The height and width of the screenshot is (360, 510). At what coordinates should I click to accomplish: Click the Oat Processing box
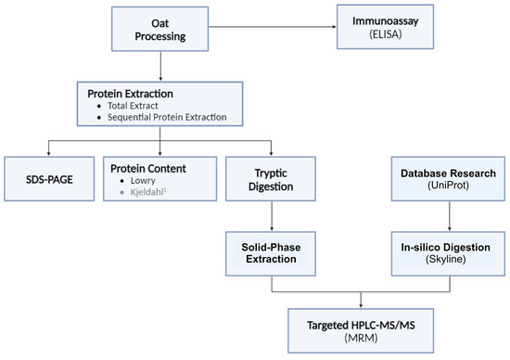coord(160,28)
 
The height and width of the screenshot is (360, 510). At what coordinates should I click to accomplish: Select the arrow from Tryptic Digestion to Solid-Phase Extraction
coord(271,214)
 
